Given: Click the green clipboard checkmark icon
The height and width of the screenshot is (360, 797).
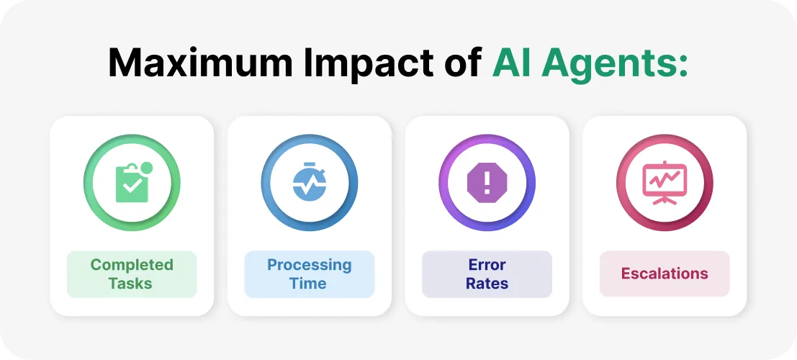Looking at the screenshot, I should tap(132, 182).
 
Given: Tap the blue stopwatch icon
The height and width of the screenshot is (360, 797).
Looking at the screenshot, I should tap(310, 182).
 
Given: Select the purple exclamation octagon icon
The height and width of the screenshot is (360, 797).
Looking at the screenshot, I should tap(487, 182).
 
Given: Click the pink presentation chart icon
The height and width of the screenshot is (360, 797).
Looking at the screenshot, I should tap(665, 182).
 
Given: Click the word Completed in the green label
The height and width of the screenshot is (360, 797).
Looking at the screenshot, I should tap(132, 265).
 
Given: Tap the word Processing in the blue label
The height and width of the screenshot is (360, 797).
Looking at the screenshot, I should tap(310, 265).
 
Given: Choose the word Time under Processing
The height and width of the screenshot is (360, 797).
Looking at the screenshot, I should tap(308, 283).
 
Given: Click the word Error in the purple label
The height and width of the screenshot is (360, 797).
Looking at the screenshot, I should tap(487, 265).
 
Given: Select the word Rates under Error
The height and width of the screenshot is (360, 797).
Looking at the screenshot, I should tap(487, 283).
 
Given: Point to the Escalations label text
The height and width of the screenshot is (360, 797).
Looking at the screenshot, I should tap(665, 274).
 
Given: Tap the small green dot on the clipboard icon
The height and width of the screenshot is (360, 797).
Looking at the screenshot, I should tap(147, 169).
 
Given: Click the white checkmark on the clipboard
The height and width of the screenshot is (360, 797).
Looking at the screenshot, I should tap(130, 186).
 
